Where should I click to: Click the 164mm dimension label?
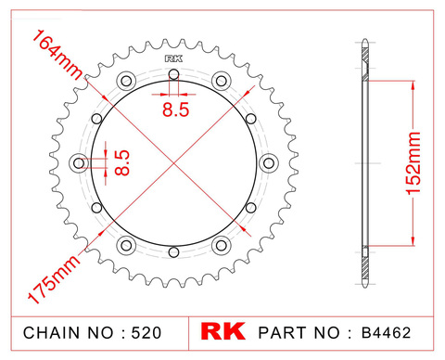pos(57,57)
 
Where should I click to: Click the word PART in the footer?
pos(281,332)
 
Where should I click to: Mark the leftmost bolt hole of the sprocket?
pos(79,162)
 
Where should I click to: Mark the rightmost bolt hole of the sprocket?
pos(269,162)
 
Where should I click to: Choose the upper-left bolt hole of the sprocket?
pos(127,80)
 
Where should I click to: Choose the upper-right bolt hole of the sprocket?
pos(222,80)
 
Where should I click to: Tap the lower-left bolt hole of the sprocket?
pos(127,245)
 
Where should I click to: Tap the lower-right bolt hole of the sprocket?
pos(222,245)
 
